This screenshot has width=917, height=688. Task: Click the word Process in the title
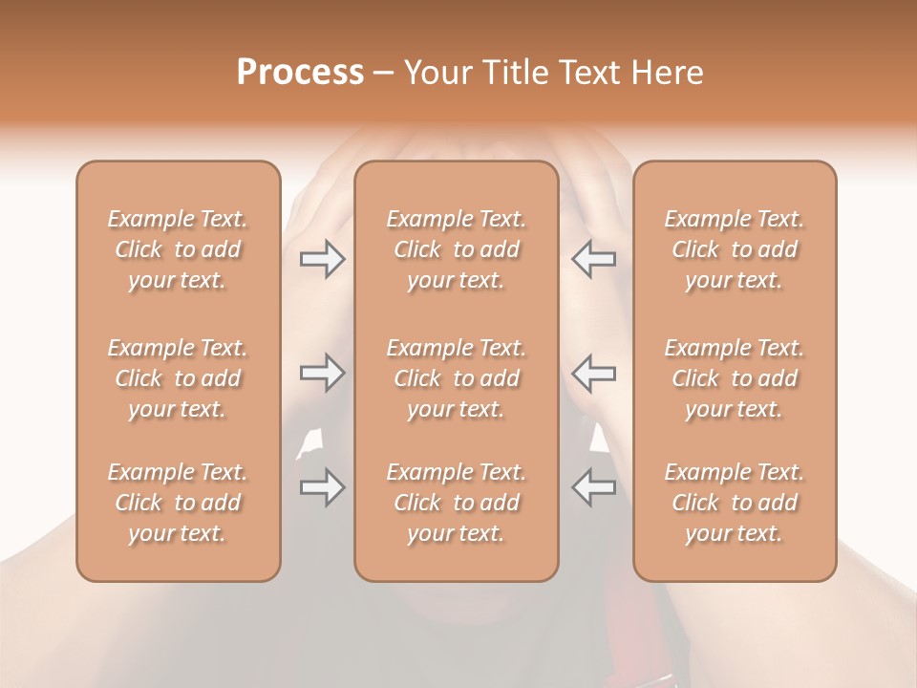point(300,73)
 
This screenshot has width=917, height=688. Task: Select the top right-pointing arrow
point(322,259)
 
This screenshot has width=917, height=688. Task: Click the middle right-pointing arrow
point(322,373)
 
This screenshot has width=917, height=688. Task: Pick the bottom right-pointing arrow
point(322,487)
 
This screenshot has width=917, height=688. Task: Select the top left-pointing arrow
point(593,259)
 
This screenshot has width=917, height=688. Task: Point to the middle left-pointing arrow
point(593,373)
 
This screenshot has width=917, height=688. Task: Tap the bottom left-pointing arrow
point(593,487)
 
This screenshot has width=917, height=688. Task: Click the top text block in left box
point(178,249)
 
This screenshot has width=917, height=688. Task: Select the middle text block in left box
point(178,378)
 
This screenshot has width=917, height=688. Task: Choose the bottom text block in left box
point(178,503)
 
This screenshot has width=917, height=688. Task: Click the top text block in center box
point(457,249)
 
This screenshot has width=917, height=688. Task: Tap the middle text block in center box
point(457,378)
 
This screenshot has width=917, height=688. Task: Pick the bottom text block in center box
point(457,503)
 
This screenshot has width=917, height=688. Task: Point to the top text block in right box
point(735,249)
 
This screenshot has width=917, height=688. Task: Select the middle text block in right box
point(735,378)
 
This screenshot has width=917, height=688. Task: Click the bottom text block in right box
point(735,503)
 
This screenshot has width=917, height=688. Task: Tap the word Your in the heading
point(436,73)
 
